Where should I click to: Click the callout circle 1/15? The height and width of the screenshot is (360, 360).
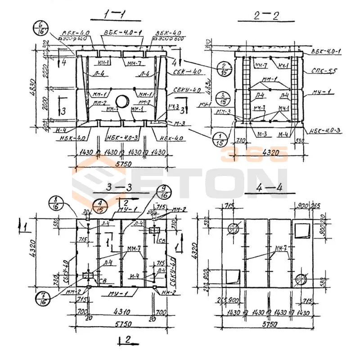pos(220,139)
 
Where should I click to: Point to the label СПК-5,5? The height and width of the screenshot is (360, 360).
pos(321,71)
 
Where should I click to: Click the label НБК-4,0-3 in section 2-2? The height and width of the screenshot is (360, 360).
pos(325,131)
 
